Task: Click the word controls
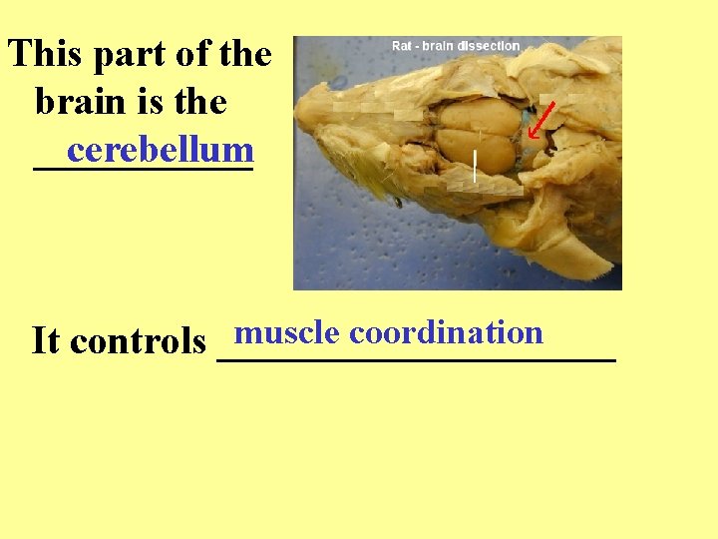click(x=139, y=341)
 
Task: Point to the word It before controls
click(x=46, y=341)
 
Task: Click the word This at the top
click(x=47, y=53)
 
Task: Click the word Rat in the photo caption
click(x=402, y=46)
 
